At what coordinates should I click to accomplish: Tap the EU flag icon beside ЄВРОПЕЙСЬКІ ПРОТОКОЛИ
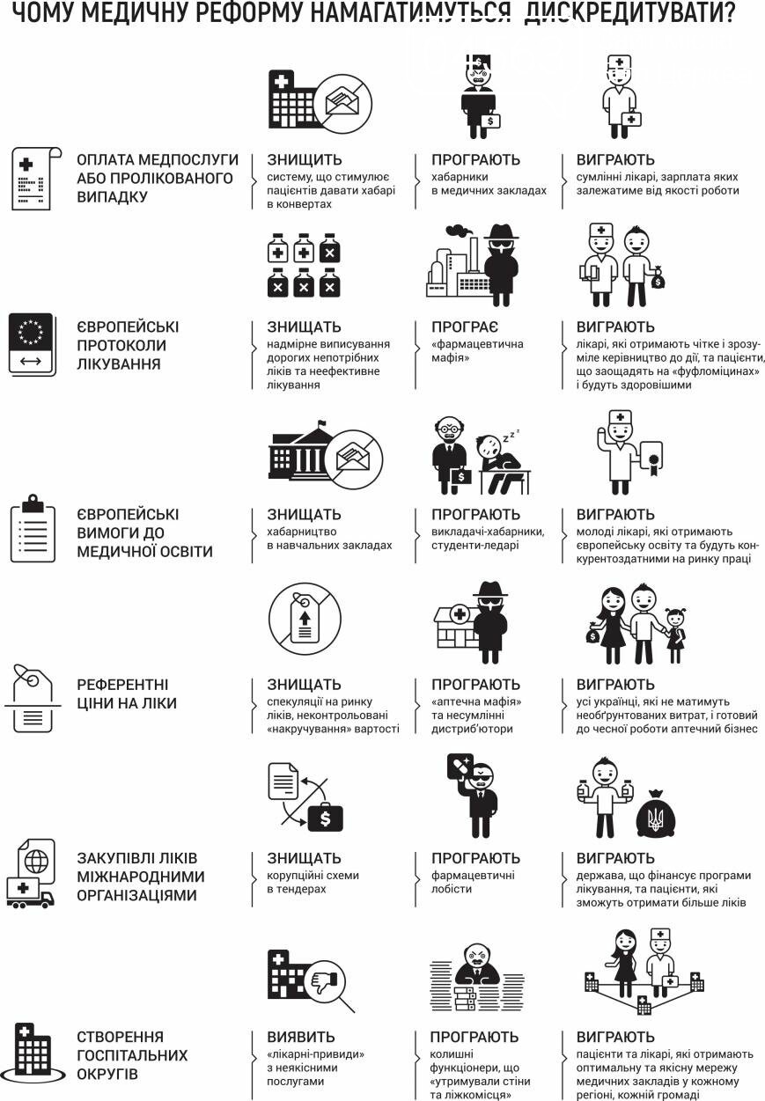pyautogui.click(x=32, y=344)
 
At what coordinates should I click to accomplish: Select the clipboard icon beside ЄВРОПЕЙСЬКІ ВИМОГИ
pyautogui.click(x=33, y=528)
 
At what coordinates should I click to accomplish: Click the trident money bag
pyautogui.click(x=655, y=812)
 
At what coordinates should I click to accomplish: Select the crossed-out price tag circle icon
pyautogui.click(x=305, y=619)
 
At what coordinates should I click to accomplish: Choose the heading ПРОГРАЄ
pyautogui.click(x=465, y=327)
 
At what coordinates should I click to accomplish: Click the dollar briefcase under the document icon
pyautogui.click(x=325, y=818)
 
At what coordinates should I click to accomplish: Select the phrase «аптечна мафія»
pyautogui.click(x=476, y=701)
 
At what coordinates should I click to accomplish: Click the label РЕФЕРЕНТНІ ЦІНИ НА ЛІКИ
pyautogui.click(x=127, y=694)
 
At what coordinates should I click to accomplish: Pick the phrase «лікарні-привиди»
pyautogui.click(x=316, y=1054)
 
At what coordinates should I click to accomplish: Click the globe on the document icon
pyautogui.click(x=36, y=862)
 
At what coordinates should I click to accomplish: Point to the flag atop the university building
pyautogui.click(x=322, y=422)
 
